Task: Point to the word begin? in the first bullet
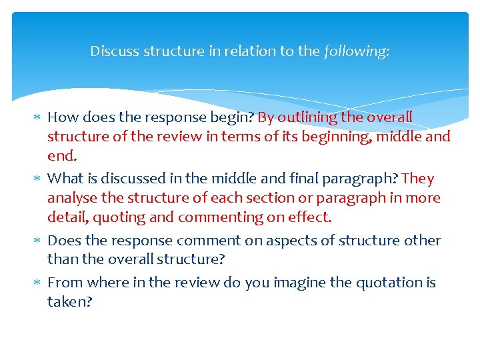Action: pyautogui.click(x=233, y=118)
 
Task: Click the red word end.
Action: pyautogui.click(x=62, y=157)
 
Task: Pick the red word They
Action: pyautogui.click(x=418, y=179)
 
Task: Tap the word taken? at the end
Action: pyautogui.click(x=69, y=302)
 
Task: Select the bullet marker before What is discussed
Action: pyautogui.click(x=37, y=179)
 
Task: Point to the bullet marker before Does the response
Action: pyautogui.click(x=37, y=241)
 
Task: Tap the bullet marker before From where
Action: pyautogui.click(x=37, y=283)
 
